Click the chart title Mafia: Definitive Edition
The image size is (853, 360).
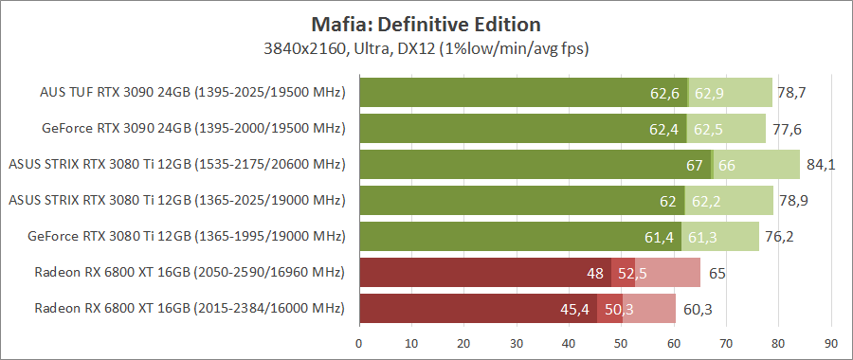point(426,23)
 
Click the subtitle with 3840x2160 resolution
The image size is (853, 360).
point(426,45)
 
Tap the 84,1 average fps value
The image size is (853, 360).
point(820,165)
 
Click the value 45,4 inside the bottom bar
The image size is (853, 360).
point(574,310)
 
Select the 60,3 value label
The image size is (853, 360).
point(698,310)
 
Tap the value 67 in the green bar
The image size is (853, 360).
point(695,165)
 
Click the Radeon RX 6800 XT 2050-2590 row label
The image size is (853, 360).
point(190,274)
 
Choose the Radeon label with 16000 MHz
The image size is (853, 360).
point(190,310)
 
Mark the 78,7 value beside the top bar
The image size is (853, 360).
point(791,93)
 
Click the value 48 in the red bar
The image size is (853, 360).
point(595,274)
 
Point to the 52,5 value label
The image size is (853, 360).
point(632,274)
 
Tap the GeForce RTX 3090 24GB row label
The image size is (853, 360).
point(193,129)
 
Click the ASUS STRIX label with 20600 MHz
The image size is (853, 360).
point(176,165)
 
